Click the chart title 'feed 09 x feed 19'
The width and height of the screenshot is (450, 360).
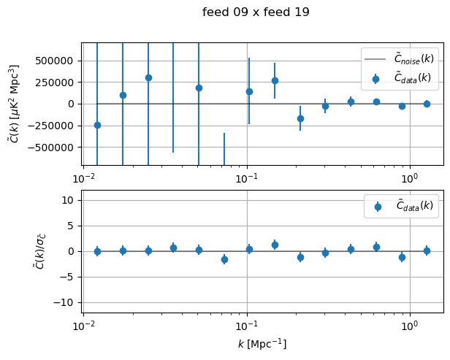pos(256,12)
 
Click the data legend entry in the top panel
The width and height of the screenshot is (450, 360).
pos(403,77)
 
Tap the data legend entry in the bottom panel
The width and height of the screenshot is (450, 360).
pos(403,206)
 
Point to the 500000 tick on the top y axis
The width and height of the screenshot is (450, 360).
pos(55,61)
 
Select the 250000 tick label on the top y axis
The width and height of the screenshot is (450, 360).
pos(55,83)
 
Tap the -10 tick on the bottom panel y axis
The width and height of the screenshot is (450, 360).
pos(66,302)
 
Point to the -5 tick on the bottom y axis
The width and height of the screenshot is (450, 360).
pos(69,277)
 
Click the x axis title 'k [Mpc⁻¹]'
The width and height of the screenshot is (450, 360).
pos(262,343)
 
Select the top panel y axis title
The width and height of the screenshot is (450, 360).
pos(15,104)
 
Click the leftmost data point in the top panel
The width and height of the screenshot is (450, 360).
pos(97,125)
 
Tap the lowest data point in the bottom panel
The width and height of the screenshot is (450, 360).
pos(224,259)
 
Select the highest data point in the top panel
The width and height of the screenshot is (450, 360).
pos(148,77)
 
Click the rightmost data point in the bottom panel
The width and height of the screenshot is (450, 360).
pos(427,250)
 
